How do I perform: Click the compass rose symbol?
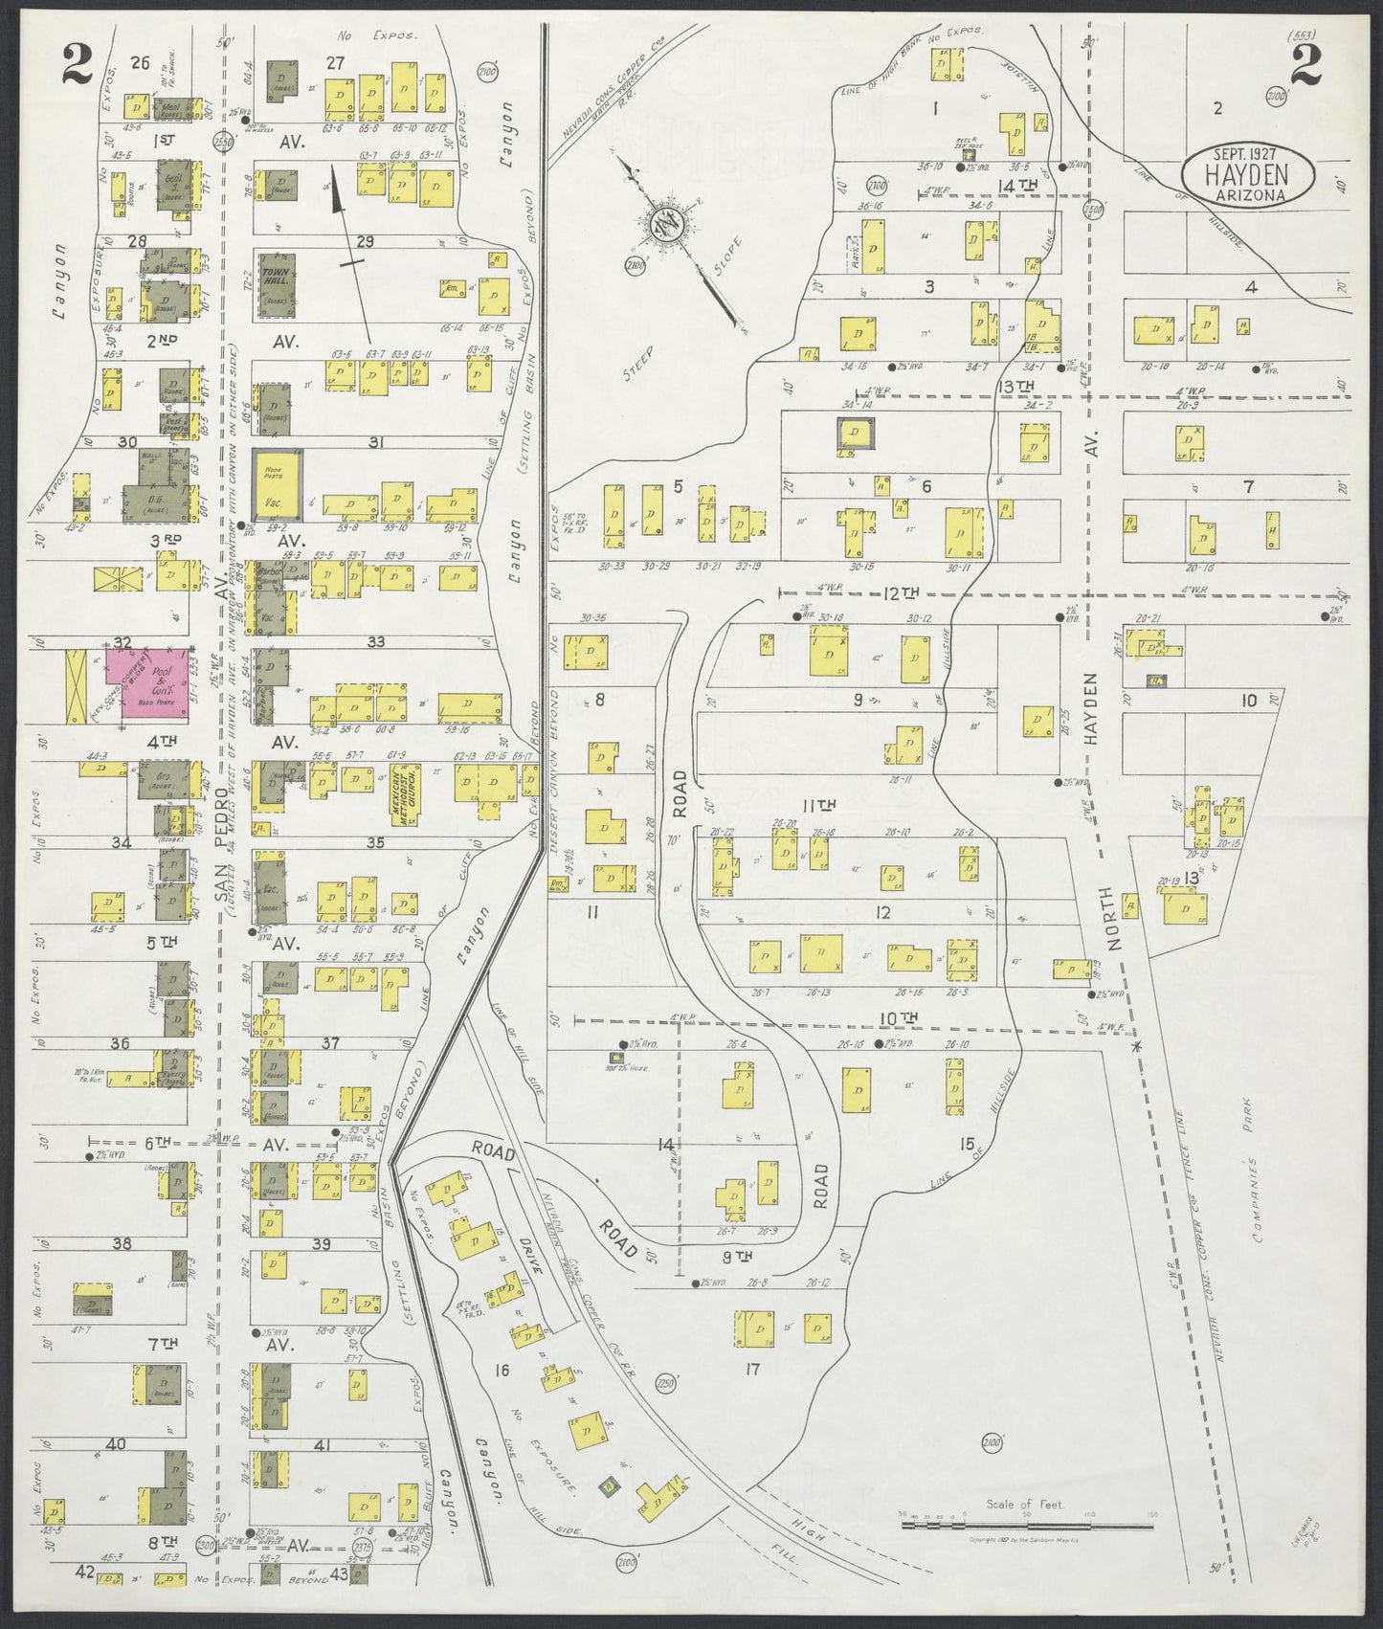pos(664,226)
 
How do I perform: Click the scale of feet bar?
pos(1026,1549)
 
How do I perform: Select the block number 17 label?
pos(752,1370)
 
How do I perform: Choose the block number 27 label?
pos(335,62)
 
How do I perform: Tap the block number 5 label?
pos(678,486)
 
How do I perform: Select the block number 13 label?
pos(1192,878)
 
